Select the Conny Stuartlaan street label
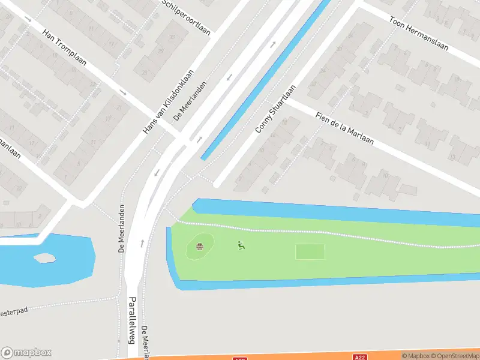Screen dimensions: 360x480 [275, 109]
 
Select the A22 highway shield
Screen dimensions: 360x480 [360, 358]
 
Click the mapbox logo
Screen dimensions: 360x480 [26, 353]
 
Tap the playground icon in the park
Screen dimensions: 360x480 [241, 245]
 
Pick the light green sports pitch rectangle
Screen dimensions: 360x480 [310, 252]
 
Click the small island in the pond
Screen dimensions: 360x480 [43, 258]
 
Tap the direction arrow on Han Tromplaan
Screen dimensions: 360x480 [122, 92]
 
